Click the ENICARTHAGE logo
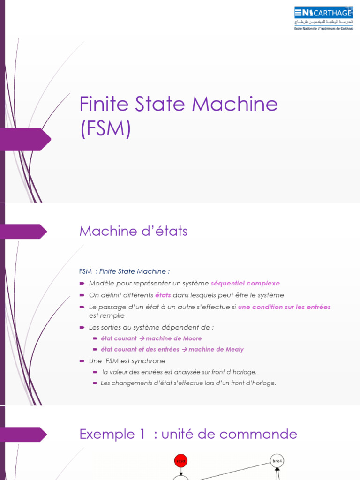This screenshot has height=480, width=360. tap(323, 18)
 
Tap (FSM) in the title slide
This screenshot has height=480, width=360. tap(105, 128)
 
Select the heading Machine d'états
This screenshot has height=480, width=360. tap(134, 231)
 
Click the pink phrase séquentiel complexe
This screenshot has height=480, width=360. tap(245, 283)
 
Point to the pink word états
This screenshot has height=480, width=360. tap(163, 295)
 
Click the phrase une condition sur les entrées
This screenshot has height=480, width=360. tap(284, 307)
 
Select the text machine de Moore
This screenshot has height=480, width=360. tap(174, 338)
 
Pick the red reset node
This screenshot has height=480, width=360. tap(180, 461)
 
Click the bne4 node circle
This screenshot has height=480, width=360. tap(277, 461)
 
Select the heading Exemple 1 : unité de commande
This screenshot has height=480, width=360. tap(188, 434)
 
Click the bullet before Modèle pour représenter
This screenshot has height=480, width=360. tap(82, 283)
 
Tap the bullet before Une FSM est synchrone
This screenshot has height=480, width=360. tap(82, 361)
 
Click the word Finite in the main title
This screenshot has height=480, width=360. tap(99, 104)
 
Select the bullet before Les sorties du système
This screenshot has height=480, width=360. tap(82, 327)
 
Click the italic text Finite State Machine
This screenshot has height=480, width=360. tap(133, 271)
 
